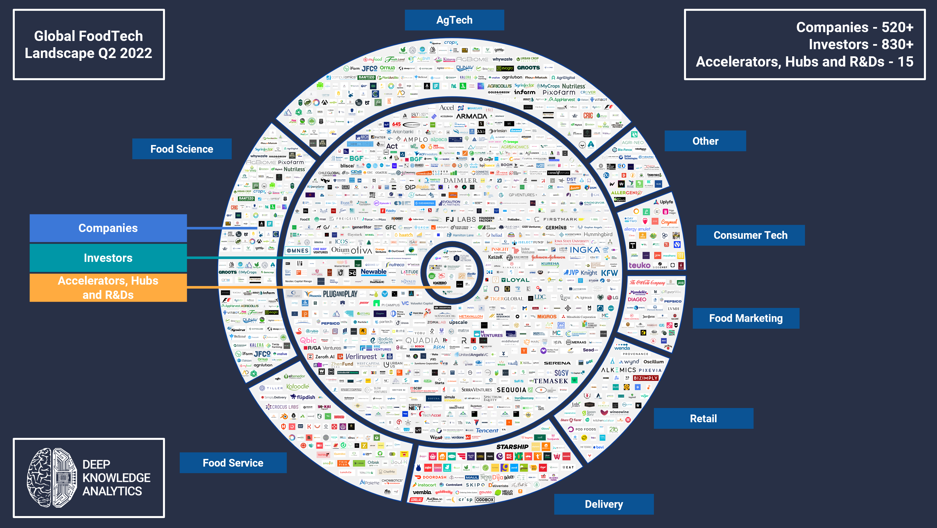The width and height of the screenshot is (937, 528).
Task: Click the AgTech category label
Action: (x=454, y=20)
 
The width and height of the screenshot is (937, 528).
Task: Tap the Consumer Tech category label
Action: (x=750, y=235)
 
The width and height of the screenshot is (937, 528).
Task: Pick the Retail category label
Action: (x=703, y=419)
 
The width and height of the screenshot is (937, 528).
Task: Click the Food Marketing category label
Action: (x=746, y=318)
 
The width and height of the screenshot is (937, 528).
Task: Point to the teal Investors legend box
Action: (x=108, y=258)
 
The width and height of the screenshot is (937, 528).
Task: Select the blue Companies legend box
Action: (x=108, y=228)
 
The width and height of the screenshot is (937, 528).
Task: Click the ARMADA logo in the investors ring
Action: (x=471, y=116)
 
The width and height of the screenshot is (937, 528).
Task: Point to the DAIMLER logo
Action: (x=460, y=180)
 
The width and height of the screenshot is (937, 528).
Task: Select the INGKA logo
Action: (x=585, y=250)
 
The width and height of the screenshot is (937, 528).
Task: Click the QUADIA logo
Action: (x=422, y=340)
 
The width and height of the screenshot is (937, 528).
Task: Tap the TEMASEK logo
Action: (x=551, y=381)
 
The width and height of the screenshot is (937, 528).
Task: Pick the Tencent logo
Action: (x=487, y=430)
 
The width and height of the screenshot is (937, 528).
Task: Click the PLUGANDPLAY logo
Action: (x=340, y=294)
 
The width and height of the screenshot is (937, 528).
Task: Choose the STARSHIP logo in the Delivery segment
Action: (x=512, y=447)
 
